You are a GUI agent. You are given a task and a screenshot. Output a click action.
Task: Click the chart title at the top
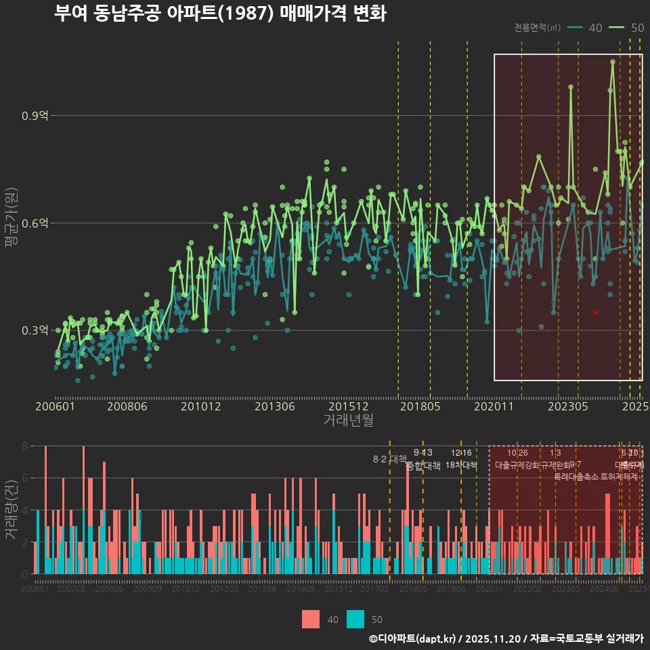coord(220,14)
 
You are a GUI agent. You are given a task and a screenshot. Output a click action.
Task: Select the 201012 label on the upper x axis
coord(201,406)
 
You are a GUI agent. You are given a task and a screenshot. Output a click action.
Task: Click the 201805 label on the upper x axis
coord(420,406)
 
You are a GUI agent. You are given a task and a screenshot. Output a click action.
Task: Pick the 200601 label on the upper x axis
coord(55,406)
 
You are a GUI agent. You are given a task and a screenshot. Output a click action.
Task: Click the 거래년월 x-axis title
coord(348,420)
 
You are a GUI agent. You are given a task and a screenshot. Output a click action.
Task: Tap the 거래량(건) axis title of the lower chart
coord(12,509)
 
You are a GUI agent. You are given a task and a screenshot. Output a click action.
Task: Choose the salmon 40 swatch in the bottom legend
coord(310,619)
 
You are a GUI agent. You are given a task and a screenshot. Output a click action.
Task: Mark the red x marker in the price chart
coord(595,312)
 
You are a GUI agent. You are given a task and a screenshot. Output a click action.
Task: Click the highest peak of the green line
coord(613,62)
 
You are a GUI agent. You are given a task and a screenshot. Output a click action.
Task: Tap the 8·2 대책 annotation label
coord(389,459)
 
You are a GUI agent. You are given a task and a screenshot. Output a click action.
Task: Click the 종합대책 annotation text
coord(423,465)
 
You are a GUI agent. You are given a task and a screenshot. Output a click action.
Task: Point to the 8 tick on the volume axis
coord(25,446)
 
